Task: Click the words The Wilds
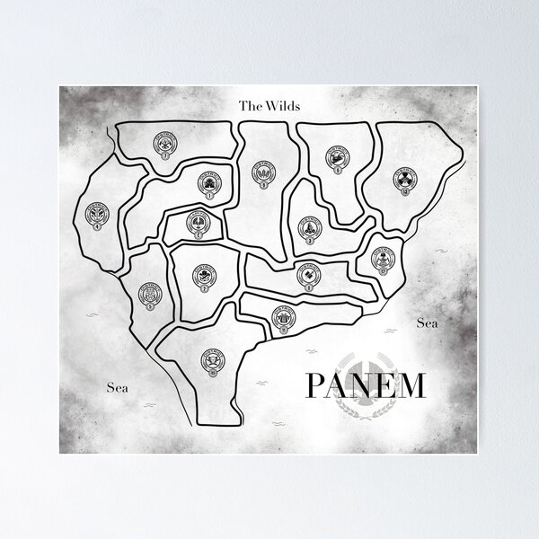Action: click(269, 105)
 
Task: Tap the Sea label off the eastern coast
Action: click(427, 323)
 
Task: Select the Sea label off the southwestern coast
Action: click(118, 388)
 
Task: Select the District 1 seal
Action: click(208, 184)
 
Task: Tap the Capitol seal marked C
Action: click(197, 222)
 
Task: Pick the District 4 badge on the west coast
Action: click(96, 216)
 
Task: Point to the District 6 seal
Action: click(339, 161)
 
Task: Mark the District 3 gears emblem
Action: click(307, 227)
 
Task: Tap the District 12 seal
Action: click(383, 259)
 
